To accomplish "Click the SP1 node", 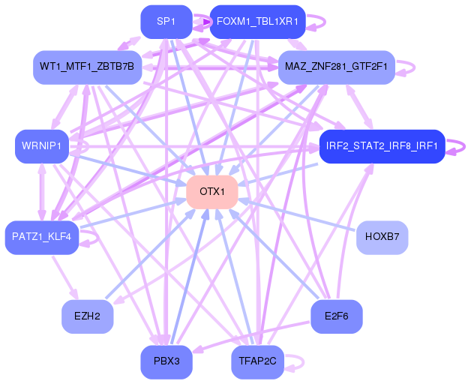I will [x=166, y=22].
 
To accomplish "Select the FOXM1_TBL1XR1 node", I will [x=256, y=22].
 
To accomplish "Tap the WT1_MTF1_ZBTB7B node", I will [x=87, y=67].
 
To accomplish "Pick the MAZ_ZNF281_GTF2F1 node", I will [x=336, y=67].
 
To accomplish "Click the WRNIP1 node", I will [x=41, y=145].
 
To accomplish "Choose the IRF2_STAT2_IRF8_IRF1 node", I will [x=382, y=145].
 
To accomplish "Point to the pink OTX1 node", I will [x=212, y=191].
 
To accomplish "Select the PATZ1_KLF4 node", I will [x=41, y=237].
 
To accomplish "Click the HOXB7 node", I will [x=382, y=237].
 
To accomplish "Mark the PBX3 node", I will [x=166, y=361].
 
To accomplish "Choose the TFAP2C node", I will [x=256, y=361].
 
